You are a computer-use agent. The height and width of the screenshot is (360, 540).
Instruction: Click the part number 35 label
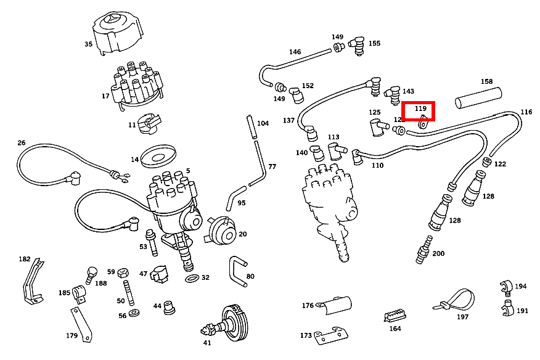pyautogui.click(x=88, y=44)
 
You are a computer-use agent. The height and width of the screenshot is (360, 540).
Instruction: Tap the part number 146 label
pyautogui.click(x=295, y=52)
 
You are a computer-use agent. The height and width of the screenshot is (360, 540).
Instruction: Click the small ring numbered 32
pyautogui.click(x=192, y=279)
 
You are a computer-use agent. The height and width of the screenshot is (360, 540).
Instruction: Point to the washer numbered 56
pyautogui.click(x=134, y=316)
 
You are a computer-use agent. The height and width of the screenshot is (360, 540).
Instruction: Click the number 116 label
pyautogui.click(x=526, y=112)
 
